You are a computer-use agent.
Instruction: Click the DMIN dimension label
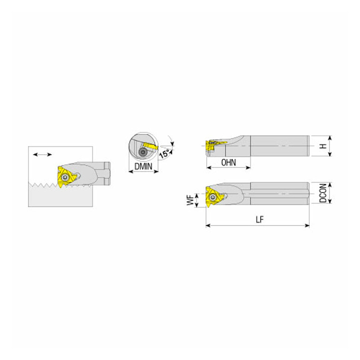pos(143,166)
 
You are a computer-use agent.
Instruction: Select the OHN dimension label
pos(229,162)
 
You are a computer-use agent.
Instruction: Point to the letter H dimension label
pos(323,146)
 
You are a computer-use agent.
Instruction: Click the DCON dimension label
pos(323,193)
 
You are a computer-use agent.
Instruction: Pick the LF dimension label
pos(260,220)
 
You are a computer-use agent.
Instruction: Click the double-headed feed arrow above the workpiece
pos(42,154)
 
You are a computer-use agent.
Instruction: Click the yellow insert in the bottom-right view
pos(213,197)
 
